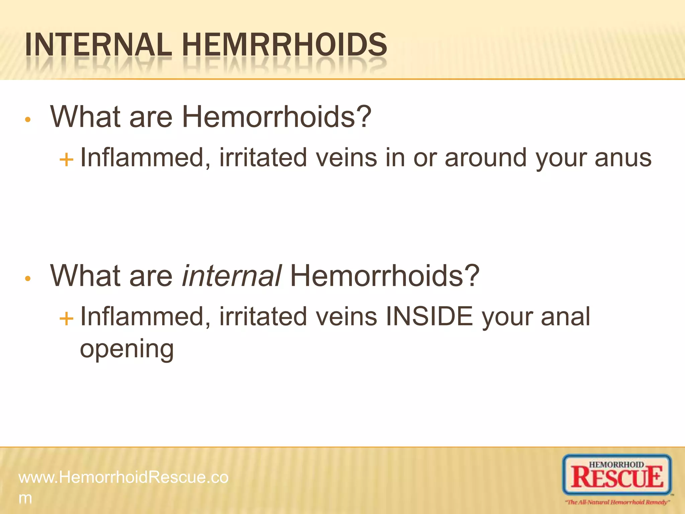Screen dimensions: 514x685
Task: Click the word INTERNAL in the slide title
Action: pyautogui.click(x=98, y=45)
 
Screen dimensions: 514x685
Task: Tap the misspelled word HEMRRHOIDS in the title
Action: pyautogui.click(x=284, y=45)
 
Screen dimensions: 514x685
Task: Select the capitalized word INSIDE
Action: pyautogui.click(x=429, y=317)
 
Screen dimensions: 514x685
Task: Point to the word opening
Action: pyautogui.click(x=127, y=349)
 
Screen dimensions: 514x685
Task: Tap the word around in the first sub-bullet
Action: pyautogui.click(x=486, y=158)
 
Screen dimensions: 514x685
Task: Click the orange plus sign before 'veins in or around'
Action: pyautogui.click(x=66, y=160)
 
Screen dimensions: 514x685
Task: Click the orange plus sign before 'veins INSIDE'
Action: pyautogui.click(x=66, y=318)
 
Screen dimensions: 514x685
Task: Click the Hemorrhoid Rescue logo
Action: pyautogui.click(x=617, y=475)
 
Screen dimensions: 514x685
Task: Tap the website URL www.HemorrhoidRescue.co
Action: pyautogui.click(x=123, y=477)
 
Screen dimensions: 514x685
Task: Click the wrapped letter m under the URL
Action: pyautogui.click(x=25, y=498)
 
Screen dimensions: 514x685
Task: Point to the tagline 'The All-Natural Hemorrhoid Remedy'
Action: pyautogui.click(x=617, y=502)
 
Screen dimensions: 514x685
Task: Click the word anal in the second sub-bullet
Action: pyautogui.click(x=565, y=317)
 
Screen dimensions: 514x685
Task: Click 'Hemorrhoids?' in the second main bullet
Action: pyautogui.click(x=385, y=276)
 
